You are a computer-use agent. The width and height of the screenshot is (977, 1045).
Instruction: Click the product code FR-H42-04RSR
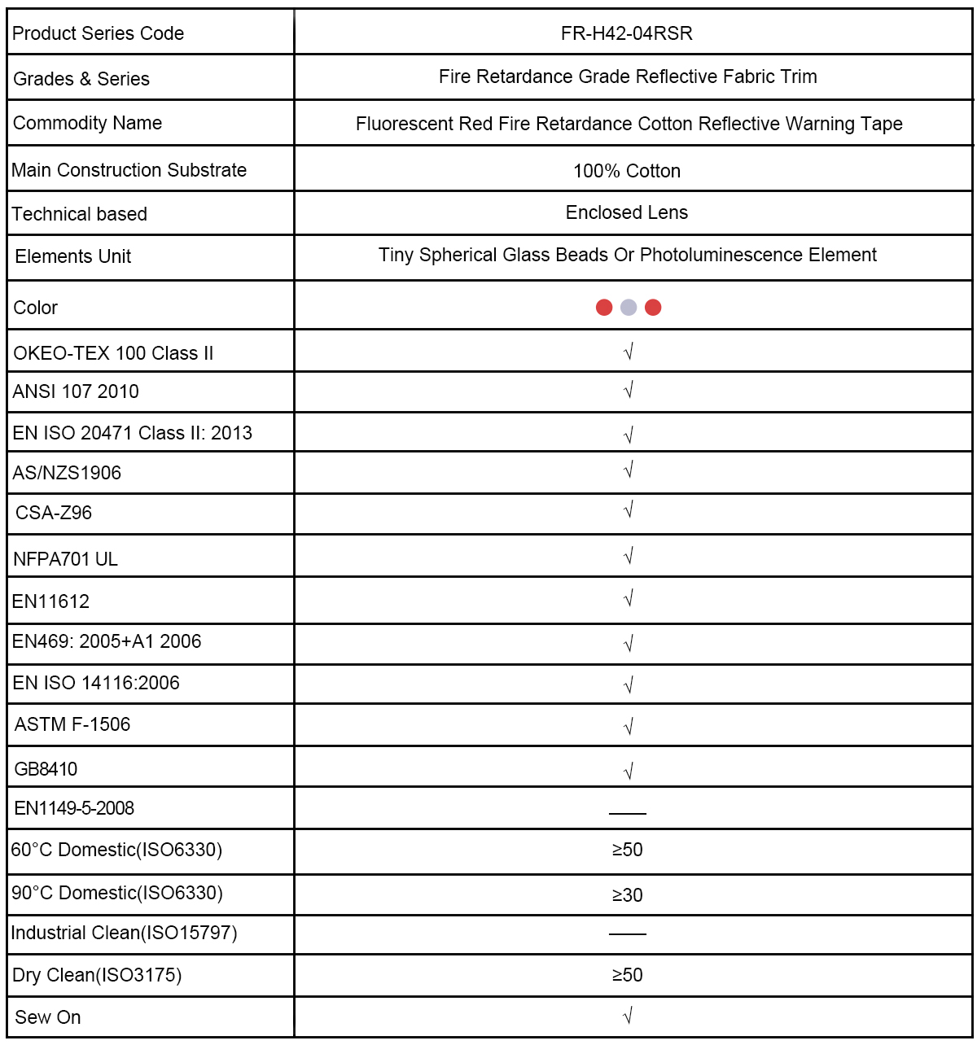(626, 33)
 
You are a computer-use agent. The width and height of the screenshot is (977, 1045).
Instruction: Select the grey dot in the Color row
(629, 307)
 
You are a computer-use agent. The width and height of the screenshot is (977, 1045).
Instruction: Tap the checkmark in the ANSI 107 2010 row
(629, 391)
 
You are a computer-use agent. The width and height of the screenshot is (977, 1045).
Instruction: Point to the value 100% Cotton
(626, 171)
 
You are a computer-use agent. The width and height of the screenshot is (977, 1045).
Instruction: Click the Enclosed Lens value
(626, 212)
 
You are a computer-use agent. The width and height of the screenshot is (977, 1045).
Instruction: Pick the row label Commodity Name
(87, 123)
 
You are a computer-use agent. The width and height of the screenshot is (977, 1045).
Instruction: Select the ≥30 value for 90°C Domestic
(627, 895)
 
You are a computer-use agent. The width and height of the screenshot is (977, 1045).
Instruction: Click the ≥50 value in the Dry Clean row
(627, 975)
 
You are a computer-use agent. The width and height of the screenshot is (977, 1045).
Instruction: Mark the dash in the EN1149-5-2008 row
(627, 813)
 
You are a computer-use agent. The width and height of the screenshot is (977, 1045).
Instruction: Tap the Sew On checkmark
(628, 1016)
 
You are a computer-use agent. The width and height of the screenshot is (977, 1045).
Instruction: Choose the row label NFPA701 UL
(65, 559)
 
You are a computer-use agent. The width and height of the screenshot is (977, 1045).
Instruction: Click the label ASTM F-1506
(72, 724)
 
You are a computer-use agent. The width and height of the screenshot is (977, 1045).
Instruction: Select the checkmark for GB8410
(629, 771)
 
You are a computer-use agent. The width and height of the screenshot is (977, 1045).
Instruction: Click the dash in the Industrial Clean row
(627, 934)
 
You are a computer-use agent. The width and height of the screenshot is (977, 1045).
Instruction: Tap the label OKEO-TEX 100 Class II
(113, 353)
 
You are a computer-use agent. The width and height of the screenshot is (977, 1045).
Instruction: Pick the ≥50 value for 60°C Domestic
(627, 850)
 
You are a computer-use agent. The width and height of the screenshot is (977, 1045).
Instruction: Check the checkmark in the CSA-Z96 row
(629, 510)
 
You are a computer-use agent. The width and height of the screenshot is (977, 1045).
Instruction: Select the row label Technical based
(79, 214)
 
